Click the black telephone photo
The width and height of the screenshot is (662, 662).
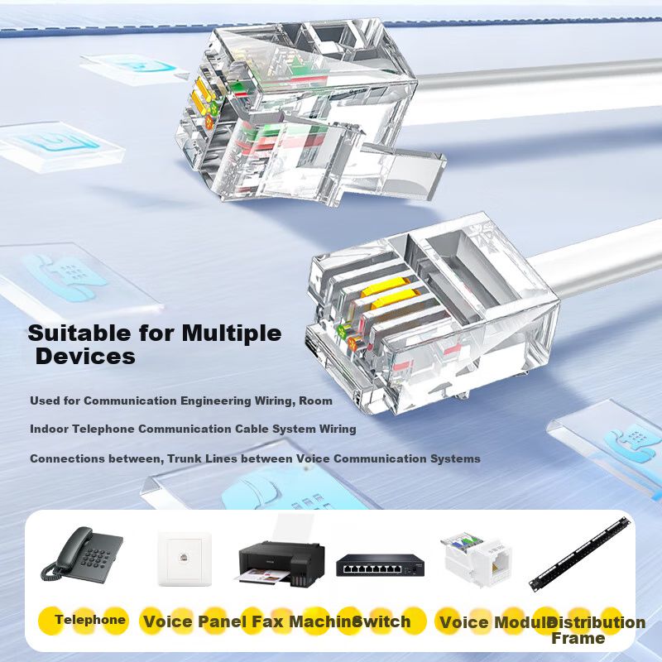pyautogui.click(x=82, y=555)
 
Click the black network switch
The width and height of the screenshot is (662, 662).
pyautogui.click(x=380, y=564)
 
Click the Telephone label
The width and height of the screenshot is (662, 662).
pyautogui.click(x=90, y=620)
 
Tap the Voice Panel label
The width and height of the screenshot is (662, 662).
pyautogui.click(x=194, y=621)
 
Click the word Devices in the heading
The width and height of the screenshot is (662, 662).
pyautogui.click(x=86, y=357)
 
